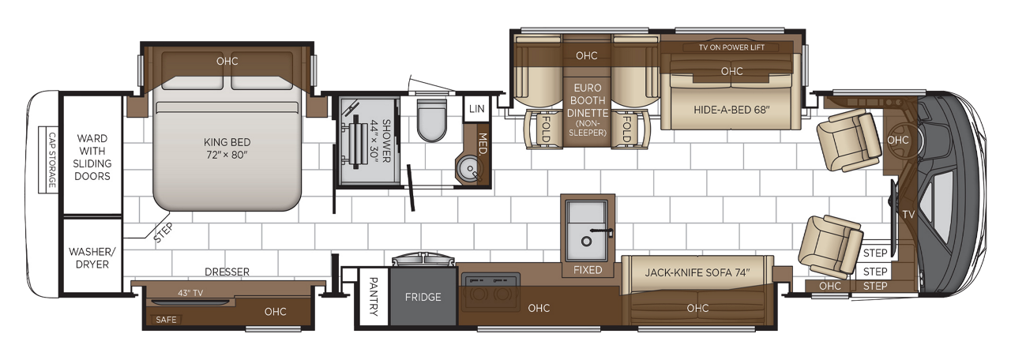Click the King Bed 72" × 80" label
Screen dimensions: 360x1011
[226, 148]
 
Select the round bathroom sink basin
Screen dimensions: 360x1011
[469, 169]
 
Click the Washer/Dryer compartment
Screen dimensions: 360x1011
[92, 257]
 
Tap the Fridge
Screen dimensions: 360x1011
[423, 298]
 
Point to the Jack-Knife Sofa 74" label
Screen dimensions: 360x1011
[697, 273]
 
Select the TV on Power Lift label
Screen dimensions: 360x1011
[732, 47]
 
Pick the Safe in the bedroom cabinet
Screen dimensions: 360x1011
[167, 320]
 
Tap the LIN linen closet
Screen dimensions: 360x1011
[476, 108]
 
